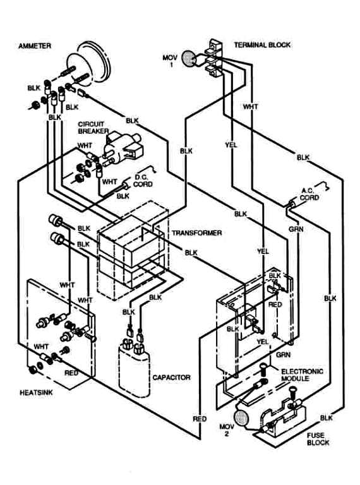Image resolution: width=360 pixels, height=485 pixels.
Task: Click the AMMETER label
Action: (x=35, y=46)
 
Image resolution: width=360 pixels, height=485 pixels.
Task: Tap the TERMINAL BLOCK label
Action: (x=262, y=45)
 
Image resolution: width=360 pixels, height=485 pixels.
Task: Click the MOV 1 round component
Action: (x=188, y=59)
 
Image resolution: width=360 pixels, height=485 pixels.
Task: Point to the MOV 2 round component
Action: (x=241, y=417)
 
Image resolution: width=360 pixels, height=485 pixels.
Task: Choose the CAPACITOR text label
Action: (x=171, y=378)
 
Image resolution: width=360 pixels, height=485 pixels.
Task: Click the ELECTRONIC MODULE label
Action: (x=301, y=375)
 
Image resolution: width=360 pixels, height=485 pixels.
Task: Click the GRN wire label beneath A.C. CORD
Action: (x=296, y=229)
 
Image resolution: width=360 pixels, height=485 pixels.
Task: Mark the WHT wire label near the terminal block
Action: (x=250, y=107)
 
